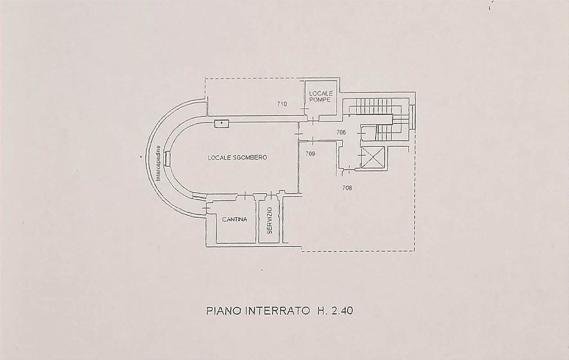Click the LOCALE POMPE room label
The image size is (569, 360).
321,97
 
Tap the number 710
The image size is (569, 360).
282,104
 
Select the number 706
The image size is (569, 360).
341,132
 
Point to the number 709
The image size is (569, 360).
310,154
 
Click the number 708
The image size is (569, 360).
347,188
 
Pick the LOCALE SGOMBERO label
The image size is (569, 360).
237,158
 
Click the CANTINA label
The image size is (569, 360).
234,219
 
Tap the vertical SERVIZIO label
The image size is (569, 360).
269,221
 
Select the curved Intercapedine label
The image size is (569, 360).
158,163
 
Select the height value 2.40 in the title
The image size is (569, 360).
342,311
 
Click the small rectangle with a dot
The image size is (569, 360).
222,124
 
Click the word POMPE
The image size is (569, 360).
320,99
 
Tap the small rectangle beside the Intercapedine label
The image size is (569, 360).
167,158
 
